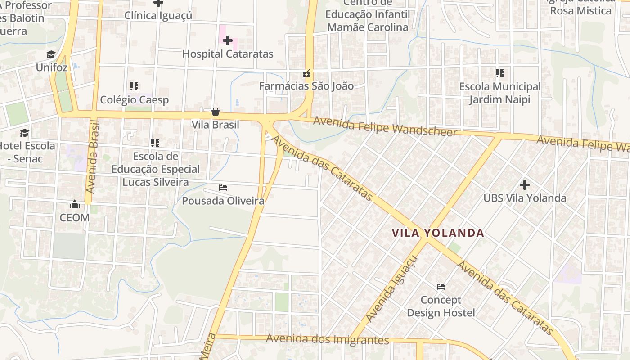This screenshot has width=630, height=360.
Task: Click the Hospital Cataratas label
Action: pos(228,54)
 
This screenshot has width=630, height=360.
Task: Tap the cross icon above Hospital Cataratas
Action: pos(228,40)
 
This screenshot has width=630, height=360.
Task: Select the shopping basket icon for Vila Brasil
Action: pos(216,112)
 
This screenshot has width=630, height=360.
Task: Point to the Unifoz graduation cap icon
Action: pos(51,55)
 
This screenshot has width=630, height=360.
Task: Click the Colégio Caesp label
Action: pos(134,100)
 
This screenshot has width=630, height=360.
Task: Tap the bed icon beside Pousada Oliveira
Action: pos(223,187)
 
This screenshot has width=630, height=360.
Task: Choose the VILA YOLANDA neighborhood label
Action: pos(437,233)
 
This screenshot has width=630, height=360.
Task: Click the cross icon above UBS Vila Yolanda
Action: pos(524,184)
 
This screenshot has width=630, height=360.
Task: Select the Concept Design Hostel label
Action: pos(441,306)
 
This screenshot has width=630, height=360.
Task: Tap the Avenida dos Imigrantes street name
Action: pos(327,339)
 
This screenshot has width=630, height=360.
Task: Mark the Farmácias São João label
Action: pos(306,86)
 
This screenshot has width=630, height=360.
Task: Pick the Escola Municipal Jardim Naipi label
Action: pos(500,93)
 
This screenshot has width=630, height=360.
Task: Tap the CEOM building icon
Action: pos(75,205)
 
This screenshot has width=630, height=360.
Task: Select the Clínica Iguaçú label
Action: pos(158,15)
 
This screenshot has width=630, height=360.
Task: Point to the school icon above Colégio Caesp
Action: pos(134,86)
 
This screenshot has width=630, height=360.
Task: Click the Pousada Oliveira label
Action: pos(223,201)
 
